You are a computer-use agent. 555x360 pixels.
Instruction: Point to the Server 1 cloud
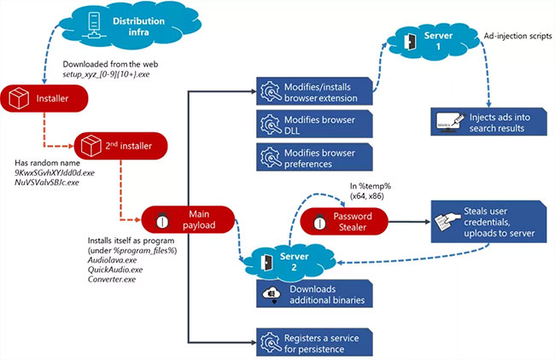point(432,40)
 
